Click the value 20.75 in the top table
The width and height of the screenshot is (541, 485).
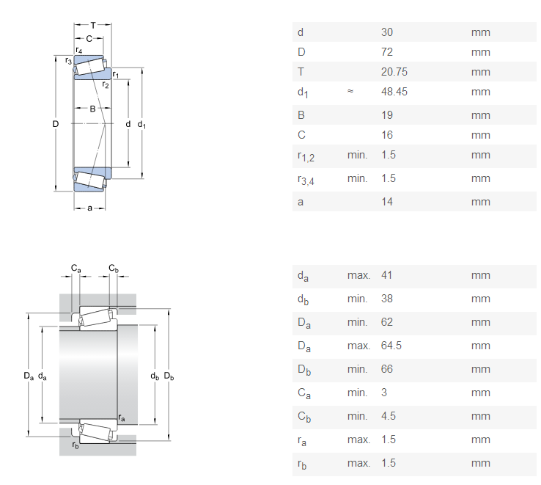(394, 72)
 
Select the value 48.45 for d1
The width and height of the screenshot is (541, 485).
(394, 92)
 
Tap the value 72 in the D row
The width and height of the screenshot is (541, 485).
(387, 52)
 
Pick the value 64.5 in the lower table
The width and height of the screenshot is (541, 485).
(391, 346)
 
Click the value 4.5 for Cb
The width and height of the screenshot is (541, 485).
(389, 416)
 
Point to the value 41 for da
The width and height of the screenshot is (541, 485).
(387, 275)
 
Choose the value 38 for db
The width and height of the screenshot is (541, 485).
(387, 299)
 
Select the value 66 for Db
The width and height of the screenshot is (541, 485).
(387, 369)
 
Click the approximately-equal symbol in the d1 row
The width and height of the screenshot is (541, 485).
(350, 92)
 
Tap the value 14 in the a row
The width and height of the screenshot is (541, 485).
(387, 202)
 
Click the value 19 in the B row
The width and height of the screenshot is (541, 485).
(387, 115)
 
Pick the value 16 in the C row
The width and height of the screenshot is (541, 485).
(387, 135)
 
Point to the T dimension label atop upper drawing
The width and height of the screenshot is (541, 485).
(93, 25)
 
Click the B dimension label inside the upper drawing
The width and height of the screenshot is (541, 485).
(93, 109)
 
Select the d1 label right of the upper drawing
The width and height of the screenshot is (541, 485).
(141, 125)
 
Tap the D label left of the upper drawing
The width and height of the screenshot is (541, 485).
(55, 124)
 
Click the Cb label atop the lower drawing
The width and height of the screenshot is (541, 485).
(113, 269)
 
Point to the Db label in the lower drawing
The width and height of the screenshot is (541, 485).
(169, 376)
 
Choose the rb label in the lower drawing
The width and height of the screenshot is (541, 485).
(75, 445)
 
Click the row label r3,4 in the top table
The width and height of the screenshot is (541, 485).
(306, 179)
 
